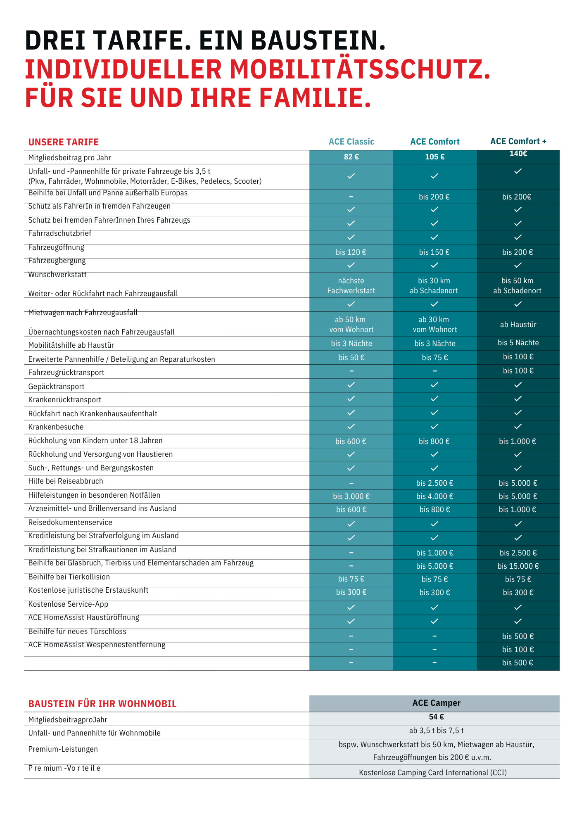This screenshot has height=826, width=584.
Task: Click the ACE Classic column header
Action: (351, 142)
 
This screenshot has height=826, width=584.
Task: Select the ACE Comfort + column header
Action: (518, 141)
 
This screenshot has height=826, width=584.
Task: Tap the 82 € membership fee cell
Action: (351, 157)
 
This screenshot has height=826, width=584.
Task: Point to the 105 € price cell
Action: (434, 157)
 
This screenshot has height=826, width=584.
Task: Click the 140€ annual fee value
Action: (518, 154)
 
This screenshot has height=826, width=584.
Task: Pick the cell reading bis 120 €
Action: (351, 252)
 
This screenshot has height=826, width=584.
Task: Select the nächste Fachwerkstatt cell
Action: (351, 285)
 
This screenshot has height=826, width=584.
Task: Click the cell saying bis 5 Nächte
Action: (518, 343)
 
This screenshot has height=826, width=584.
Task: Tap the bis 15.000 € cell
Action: (518, 566)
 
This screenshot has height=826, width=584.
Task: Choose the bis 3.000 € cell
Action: (351, 496)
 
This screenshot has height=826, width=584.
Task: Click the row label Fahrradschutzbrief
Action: (60, 233)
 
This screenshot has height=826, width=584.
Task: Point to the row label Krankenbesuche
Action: (56, 427)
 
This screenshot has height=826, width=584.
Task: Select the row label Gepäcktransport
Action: (56, 387)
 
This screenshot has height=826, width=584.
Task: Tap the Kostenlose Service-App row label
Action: (68, 604)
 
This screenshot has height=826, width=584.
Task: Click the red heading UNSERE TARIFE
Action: (64, 142)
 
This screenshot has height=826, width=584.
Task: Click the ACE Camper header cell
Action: (436, 703)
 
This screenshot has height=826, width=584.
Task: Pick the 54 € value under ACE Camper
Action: (436, 717)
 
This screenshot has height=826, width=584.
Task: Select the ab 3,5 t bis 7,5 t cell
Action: (436, 731)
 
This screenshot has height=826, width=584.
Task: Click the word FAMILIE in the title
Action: (315, 98)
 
